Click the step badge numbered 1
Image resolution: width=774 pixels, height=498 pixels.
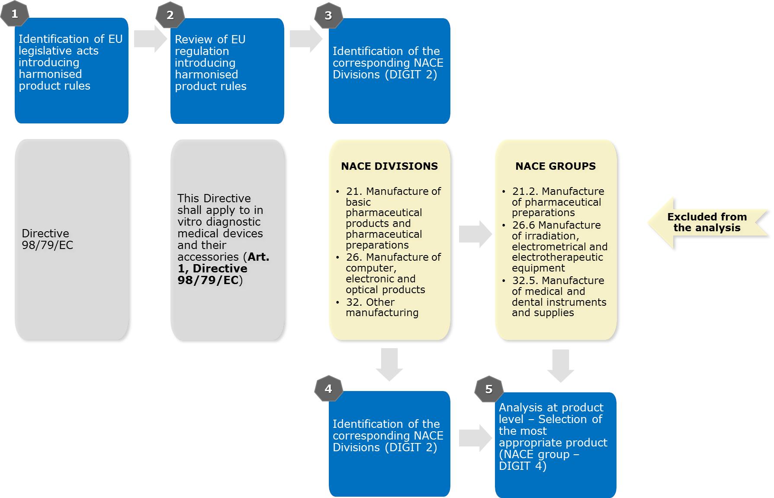15,14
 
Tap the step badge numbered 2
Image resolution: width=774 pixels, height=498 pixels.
170,15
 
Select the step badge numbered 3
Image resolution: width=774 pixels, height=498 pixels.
328,16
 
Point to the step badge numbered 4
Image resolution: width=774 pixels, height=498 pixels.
328,389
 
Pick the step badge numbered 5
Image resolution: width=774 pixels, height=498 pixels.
489,389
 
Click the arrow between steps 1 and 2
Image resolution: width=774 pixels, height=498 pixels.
150,39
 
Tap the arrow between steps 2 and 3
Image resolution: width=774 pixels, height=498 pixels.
305,39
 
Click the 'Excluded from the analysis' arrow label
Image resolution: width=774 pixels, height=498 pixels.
707,223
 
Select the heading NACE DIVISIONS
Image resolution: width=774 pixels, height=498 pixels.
389,166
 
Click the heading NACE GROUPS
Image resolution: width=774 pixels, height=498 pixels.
556,166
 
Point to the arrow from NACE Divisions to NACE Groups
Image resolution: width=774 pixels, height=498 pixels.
475,234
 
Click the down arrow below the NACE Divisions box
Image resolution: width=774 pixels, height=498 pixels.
389,364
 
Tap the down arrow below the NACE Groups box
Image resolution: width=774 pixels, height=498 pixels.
560,365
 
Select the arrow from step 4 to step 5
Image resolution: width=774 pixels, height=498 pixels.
475,438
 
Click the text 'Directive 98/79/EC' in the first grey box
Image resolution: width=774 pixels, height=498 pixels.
47,239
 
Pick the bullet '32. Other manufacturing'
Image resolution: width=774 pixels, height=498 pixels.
382,307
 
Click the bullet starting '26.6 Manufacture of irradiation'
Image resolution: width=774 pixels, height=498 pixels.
559,246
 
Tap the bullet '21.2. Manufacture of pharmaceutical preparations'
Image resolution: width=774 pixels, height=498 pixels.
558,202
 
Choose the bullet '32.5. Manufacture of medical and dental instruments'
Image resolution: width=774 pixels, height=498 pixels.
559,297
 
